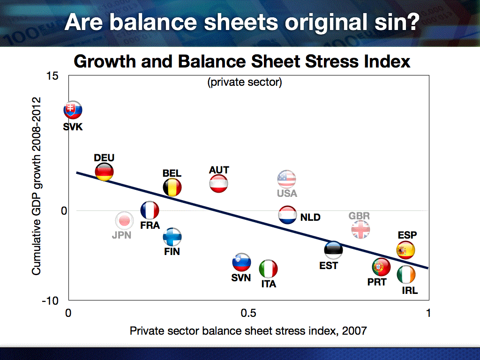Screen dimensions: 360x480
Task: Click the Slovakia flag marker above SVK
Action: point(73,110)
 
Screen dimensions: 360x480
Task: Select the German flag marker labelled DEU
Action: point(104,172)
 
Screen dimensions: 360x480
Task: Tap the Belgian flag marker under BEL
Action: point(172,187)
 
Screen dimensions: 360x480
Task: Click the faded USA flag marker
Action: point(287,179)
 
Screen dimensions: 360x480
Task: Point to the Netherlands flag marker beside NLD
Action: point(287,215)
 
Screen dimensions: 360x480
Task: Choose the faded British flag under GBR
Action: point(361,229)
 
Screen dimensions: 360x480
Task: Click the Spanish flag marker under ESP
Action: point(405,250)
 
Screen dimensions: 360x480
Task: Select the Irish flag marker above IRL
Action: point(406,275)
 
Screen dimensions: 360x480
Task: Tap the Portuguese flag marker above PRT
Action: point(381,267)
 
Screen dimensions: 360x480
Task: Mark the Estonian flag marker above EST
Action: point(333,250)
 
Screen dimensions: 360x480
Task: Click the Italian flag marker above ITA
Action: point(269,269)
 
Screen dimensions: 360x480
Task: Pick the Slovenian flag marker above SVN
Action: point(242,262)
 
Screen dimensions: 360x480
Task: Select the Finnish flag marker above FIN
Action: point(172,237)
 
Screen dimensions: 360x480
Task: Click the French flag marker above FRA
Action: point(150,210)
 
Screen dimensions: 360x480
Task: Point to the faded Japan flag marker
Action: point(124,220)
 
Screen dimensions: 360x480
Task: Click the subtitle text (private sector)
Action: point(244,83)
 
